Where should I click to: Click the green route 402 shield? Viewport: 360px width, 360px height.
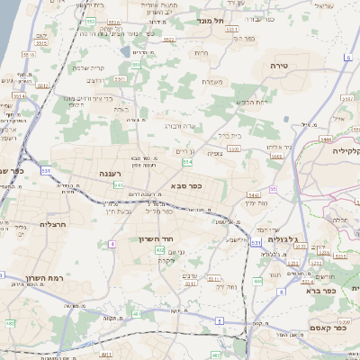click(159, 250)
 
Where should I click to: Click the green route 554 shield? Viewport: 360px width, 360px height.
click(187, 163)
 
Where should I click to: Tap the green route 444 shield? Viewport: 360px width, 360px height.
click(257, 282)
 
